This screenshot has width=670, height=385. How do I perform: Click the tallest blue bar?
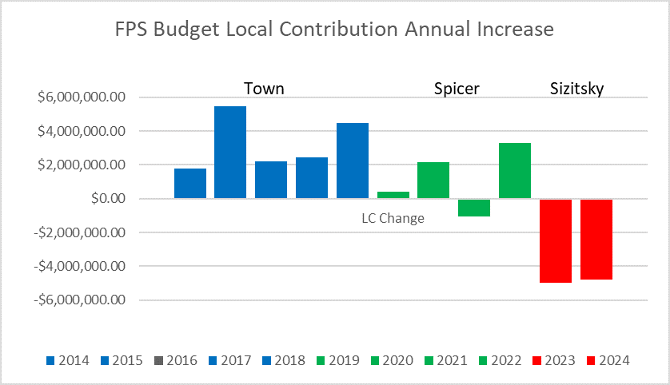click(x=230, y=152)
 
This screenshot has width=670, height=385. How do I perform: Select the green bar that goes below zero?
click(x=474, y=207)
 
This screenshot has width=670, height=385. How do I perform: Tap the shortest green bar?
click(x=393, y=195)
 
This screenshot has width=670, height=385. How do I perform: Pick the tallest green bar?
click(x=514, y=170)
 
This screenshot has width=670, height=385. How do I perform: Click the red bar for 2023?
click(x=555, y=240)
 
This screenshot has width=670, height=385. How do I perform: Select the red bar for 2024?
click(x=596, y=239)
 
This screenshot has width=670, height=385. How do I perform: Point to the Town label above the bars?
click(x=264, y=88)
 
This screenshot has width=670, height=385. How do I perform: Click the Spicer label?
click(x=457, y=88)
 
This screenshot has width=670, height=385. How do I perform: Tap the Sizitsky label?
click(x=576, y=88)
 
